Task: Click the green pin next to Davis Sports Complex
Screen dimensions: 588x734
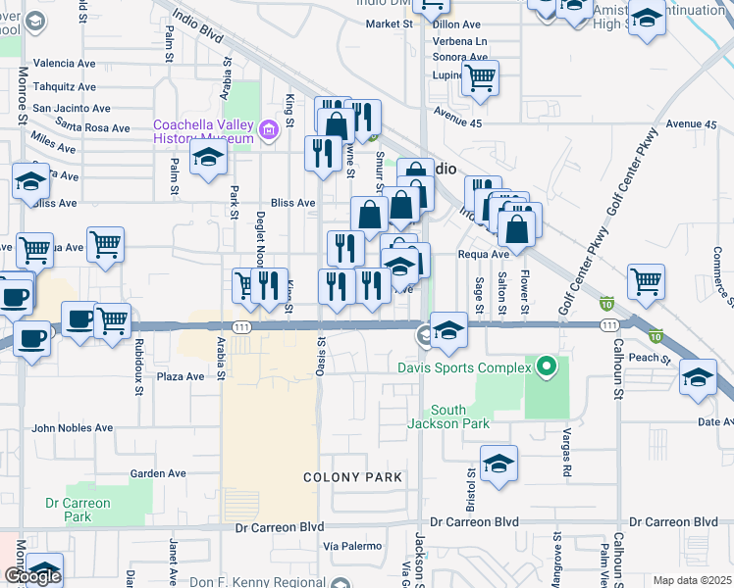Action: (x=547, y=369)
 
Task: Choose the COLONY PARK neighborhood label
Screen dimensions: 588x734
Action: (x=353, y=477)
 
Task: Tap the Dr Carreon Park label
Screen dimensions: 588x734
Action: (x=78, y=510)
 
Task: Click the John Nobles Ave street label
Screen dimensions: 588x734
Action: (x=73, y=428)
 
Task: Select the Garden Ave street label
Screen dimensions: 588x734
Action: (x=158, y=473)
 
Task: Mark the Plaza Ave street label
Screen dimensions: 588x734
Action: (x=181, y=376)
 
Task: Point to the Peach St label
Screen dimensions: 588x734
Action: (x=651, y=359)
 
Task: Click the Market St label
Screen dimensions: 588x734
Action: (x=390, y=24)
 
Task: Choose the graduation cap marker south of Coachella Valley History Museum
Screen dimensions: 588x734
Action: (x=208, y=158)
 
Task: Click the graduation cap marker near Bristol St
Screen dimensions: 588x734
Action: (x=498, y=464)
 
